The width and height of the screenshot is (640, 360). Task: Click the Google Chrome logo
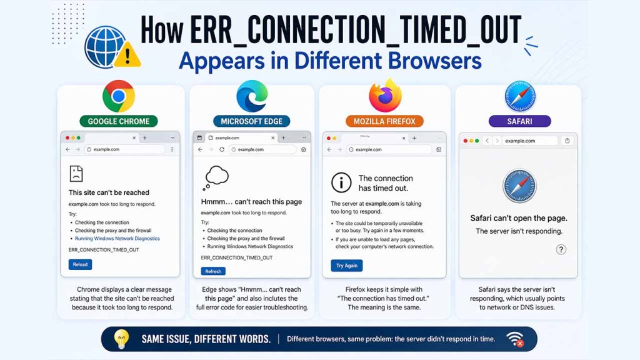pos(119,97)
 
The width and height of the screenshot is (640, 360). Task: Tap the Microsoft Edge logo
pos(252,97)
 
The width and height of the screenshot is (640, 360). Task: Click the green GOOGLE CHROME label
pos(119,121)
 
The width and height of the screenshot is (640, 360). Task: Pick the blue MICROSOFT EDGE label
pos(252,121)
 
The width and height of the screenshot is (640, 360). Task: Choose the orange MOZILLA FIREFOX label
pos(384,121)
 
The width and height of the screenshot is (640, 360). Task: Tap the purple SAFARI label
pos(520,121)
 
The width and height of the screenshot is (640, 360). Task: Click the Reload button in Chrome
pos(80,264)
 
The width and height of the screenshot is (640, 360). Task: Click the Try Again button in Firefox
pos(347,266)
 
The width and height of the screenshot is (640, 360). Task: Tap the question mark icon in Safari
pos(561,249)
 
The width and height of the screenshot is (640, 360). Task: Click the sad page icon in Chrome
pos(76,173)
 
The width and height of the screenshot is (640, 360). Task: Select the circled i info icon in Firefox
pos(341,182)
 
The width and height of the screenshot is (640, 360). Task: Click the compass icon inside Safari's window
pos(519,186)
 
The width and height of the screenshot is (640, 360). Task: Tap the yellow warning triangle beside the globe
pos(129,55)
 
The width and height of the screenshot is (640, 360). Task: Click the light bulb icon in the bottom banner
pos(121,339)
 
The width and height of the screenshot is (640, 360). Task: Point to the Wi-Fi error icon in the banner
pos(515,339)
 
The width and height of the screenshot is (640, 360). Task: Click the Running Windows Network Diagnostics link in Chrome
pos(117,239)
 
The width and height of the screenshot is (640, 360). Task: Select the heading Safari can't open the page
pos(519,218)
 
